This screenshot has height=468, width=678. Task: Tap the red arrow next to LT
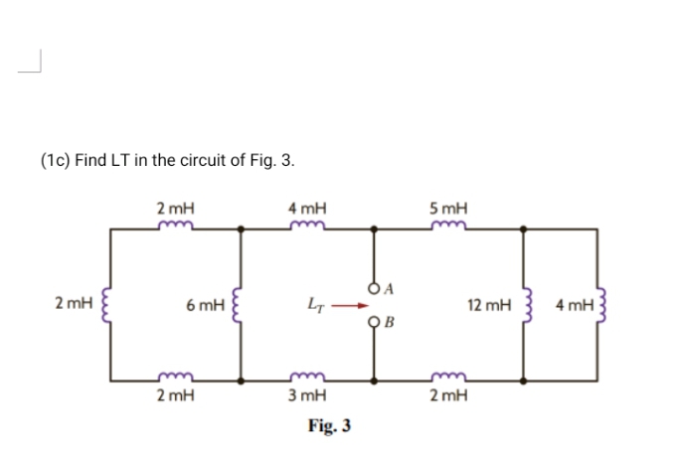coord(346,306)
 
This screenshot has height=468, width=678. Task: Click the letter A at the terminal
coord(390,289)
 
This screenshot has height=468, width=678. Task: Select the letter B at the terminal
coord(390,322)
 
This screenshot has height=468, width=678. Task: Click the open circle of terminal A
coord(375,289)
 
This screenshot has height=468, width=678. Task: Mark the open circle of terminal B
coord(375,321)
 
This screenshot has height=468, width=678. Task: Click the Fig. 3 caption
coord(329,426)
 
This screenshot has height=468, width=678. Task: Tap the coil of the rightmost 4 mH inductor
coord(597,305)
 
